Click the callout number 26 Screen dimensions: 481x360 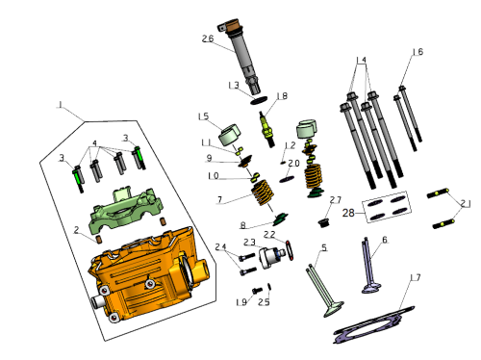click(x=208, y=39)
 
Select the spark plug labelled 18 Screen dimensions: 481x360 click(x=267, y=130)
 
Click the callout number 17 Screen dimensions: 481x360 click(x=416, y=277)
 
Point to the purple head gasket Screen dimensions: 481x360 click(x=374, y=325)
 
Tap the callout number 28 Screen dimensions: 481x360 click(x=348, y=213)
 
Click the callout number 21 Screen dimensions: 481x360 click(x=466, y=204)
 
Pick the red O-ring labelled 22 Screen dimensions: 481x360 click(x=289, y=250)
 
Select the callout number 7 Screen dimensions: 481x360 click(x=219, y=199)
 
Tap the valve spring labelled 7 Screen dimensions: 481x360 click(x=263, y=193)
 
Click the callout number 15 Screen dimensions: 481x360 click(x=204, y=116)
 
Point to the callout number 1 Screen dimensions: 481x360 click(x=61, y=104)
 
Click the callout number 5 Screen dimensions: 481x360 click(x=324, y=247)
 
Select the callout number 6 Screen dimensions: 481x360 click(x=385, y=240)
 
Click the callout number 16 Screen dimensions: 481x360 click(x=418, y=52)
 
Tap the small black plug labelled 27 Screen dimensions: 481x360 click(x=323, y=222)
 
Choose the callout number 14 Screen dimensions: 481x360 click(x=362, y=60)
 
